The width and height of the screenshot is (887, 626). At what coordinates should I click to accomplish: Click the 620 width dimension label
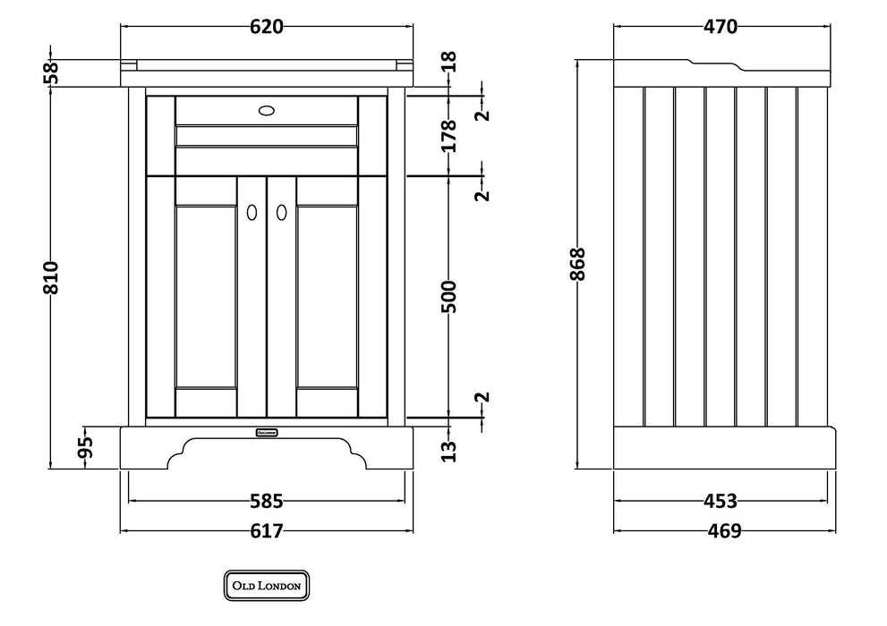[267, 27]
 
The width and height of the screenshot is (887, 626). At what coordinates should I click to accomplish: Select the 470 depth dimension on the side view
[721, 27]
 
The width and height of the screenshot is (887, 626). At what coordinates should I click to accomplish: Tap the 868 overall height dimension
[577, 264]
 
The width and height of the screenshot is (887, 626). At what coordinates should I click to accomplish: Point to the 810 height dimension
[51, 277]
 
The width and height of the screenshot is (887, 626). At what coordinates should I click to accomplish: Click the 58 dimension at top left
[51, 72]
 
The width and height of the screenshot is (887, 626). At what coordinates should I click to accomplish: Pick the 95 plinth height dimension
[85, 448]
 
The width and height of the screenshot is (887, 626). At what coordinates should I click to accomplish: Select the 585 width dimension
[267, 501]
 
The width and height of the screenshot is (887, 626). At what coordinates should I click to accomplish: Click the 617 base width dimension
[267, 531]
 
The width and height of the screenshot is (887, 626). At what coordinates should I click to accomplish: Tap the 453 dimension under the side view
[721, 501]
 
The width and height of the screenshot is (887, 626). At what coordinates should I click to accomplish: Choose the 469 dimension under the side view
[725, 531]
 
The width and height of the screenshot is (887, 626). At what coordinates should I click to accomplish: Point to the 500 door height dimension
[448, 296]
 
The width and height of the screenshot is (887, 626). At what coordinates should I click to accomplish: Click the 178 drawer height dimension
[448, 136]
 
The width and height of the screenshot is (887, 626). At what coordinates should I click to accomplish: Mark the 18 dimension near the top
[448, 62]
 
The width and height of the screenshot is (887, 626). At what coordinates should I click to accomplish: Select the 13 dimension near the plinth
[448, 452]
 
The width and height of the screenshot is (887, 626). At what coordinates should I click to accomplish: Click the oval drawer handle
[267, 110]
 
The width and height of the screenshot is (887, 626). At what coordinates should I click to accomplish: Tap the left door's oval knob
[252, 213]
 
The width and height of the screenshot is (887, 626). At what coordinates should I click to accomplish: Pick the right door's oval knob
[281, 213]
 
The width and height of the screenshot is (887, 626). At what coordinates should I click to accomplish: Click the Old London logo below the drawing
[267, 586]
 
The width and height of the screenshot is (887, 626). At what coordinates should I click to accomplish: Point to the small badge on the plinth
[267, 433]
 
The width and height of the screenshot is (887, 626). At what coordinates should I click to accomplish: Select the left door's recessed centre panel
[206, 297]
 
